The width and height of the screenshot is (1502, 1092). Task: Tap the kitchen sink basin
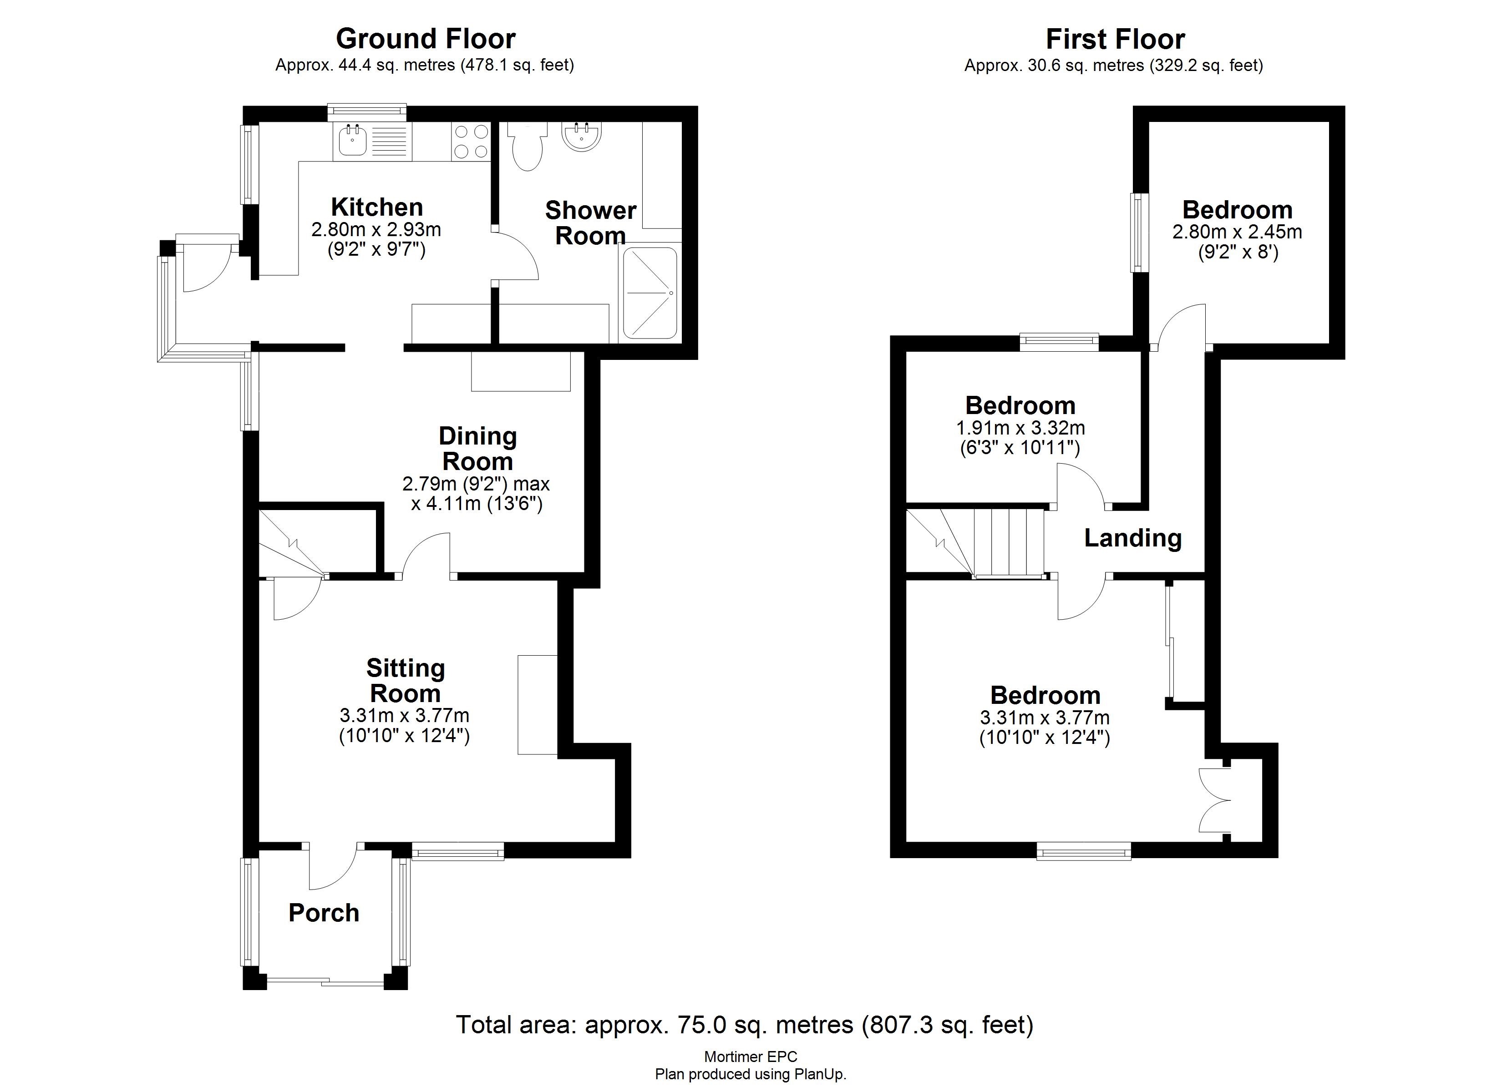click(352, 141)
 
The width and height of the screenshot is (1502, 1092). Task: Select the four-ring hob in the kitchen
click(471, 142)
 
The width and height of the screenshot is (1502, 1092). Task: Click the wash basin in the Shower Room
click(582, 136)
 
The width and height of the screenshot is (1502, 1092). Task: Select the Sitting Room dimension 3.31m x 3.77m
click(404, 716)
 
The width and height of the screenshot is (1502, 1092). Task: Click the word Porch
click(324, 913)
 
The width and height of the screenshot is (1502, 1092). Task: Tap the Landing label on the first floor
click(1132, 538)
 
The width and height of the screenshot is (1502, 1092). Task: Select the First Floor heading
click(1115, 39)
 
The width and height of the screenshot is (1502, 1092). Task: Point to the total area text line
click(744, 1025)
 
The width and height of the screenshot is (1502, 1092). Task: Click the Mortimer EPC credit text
click(751, 1057)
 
